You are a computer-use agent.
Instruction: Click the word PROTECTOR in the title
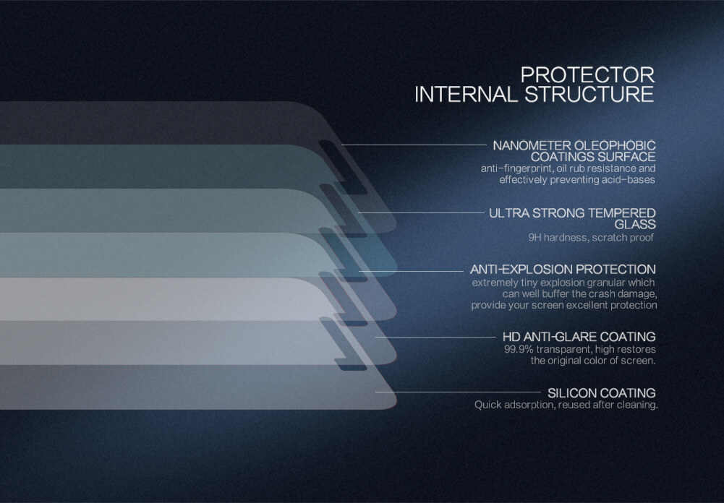pos(587,75)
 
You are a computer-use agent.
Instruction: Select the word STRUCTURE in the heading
pos(589,95)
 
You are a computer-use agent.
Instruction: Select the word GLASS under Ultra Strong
pos(635,225)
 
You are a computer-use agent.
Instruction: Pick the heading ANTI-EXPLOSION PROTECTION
pos(563,270)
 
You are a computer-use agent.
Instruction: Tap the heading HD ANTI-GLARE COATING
pos(579,337)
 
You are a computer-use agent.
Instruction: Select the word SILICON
pos(571,393)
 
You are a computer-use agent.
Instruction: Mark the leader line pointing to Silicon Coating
pos(458,392)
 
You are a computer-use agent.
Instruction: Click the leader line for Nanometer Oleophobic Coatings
pos(414,145)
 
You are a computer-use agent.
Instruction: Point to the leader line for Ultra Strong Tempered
pos(421,212)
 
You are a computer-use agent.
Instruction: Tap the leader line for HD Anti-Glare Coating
pos(436,337)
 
